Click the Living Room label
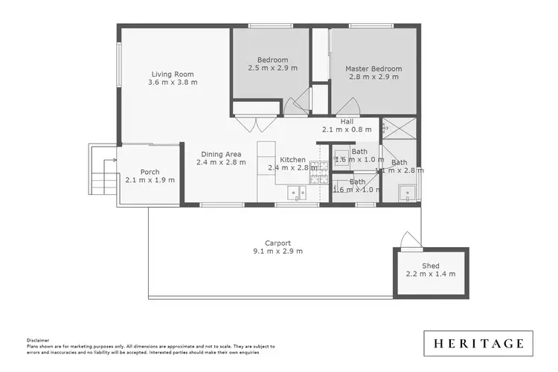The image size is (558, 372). coord(173,74)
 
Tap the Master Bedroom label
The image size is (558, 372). coord(373,69)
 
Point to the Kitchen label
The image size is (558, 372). coord(292,159)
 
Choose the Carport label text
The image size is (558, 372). coord(278,243)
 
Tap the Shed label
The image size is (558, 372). coord(430,266)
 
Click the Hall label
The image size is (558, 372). coord(347,121)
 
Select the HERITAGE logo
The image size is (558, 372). coord(478,343)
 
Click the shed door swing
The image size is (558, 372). coord(408,240)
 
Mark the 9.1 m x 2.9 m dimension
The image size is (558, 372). coord(278,251)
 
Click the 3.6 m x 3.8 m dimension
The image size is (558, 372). coord(173,83)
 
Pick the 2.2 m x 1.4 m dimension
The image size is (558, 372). coord(430,274)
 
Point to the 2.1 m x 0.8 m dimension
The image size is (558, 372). coord(347,129)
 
